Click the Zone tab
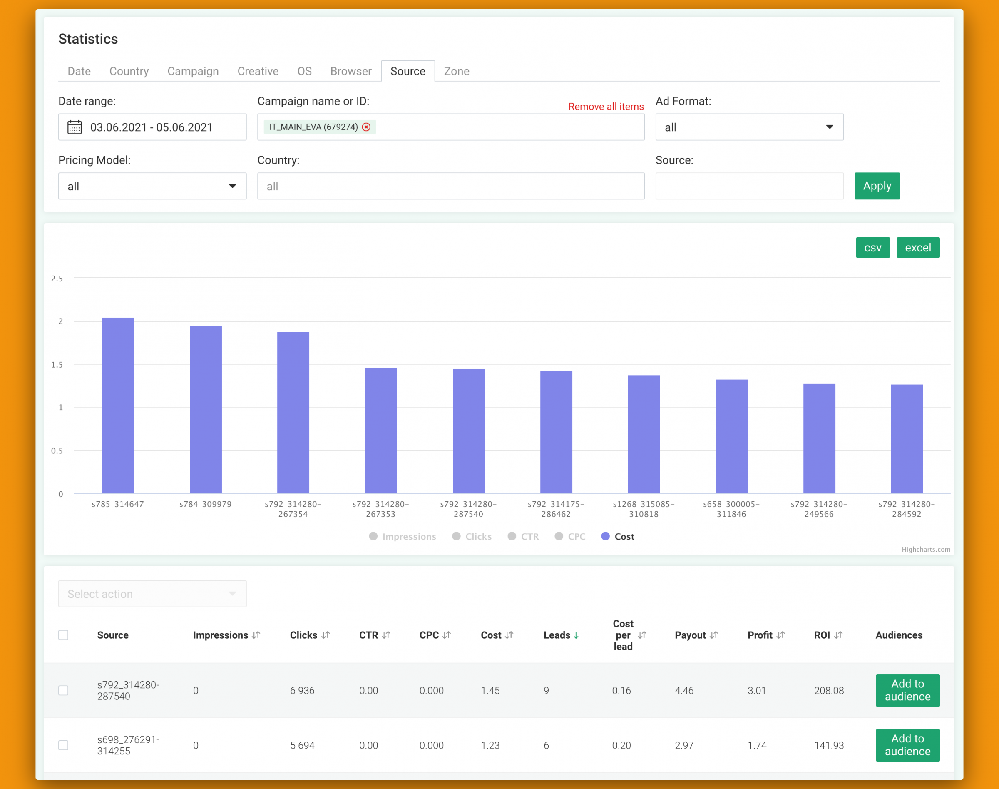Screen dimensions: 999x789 point(456,71)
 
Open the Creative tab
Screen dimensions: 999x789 point(258,71)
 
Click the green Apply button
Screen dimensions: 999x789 point(877,186)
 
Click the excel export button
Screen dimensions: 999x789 point(918,248)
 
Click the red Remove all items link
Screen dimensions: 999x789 point(606,106)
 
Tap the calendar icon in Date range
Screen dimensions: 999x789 point(75,127)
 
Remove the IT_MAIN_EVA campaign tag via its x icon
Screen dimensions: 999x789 point(366,127)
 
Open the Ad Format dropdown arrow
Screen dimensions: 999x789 point(830,127)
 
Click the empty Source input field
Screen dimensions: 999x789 point(749,186)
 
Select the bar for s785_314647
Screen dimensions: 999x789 point(118,406)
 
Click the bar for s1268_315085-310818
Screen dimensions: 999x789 point(644,434)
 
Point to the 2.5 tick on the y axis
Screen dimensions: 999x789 point(57,279)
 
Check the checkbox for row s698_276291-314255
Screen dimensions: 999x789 point(63,745)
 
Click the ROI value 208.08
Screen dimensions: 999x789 point(829,691)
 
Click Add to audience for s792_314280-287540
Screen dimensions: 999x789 point(907,690)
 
